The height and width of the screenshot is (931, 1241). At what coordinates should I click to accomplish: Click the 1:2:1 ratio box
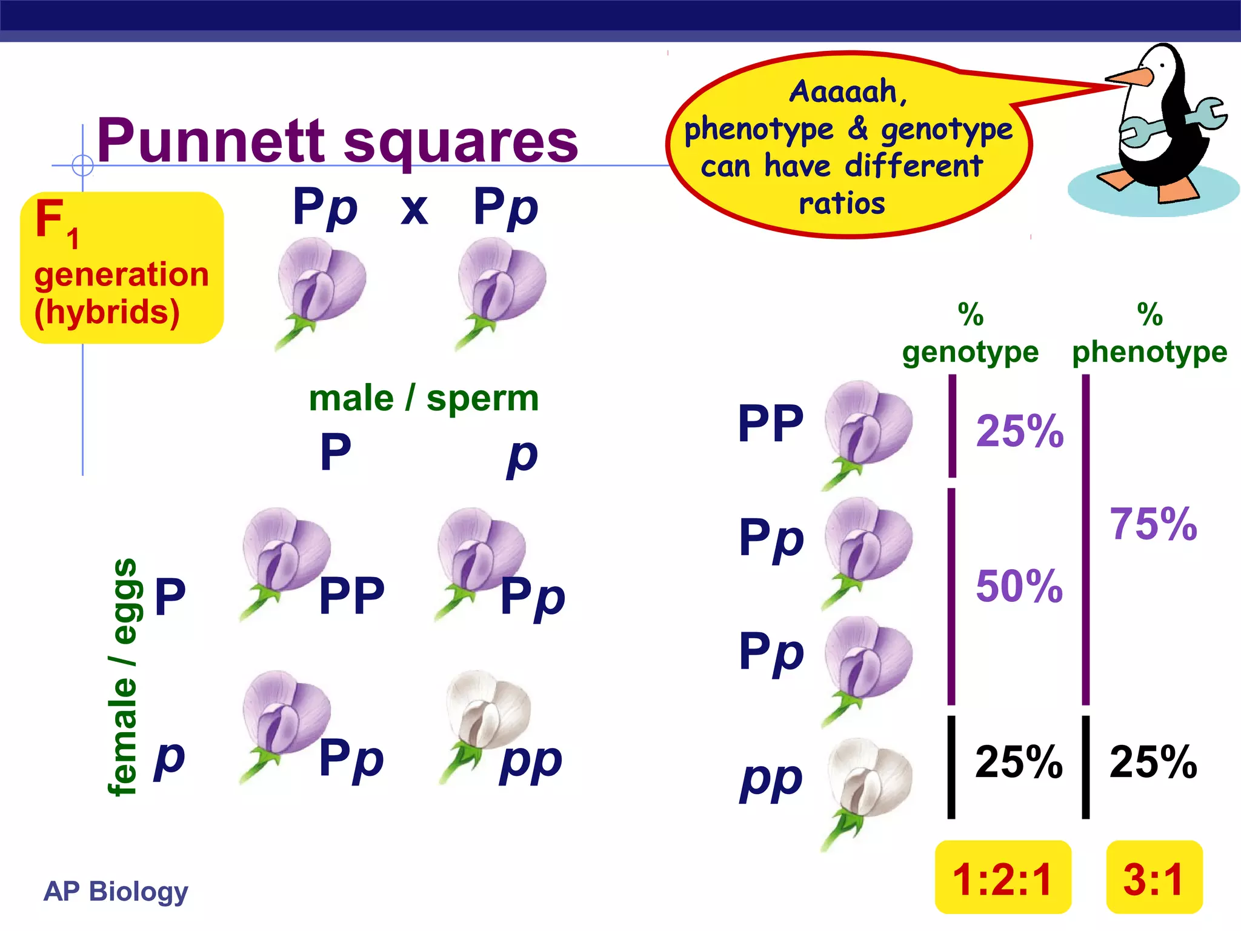(1003, 877)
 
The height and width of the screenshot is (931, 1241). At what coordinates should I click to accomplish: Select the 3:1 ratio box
(1154, 877)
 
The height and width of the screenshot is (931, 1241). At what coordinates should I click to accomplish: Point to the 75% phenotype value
(1153, 524)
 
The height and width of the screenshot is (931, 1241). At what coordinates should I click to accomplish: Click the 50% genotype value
(1019, 586)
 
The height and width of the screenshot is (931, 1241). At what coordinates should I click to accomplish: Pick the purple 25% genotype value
(1020, 431)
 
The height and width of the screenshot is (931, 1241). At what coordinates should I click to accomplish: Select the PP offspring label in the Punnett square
(351, 596)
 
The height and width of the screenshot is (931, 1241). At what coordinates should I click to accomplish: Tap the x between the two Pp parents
(414, 210)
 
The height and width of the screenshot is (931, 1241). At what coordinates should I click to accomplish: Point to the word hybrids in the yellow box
(107, 312)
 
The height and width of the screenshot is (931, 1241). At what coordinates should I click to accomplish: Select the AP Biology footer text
(116, 892)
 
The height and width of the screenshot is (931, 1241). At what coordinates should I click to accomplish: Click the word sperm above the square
(482, 398)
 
